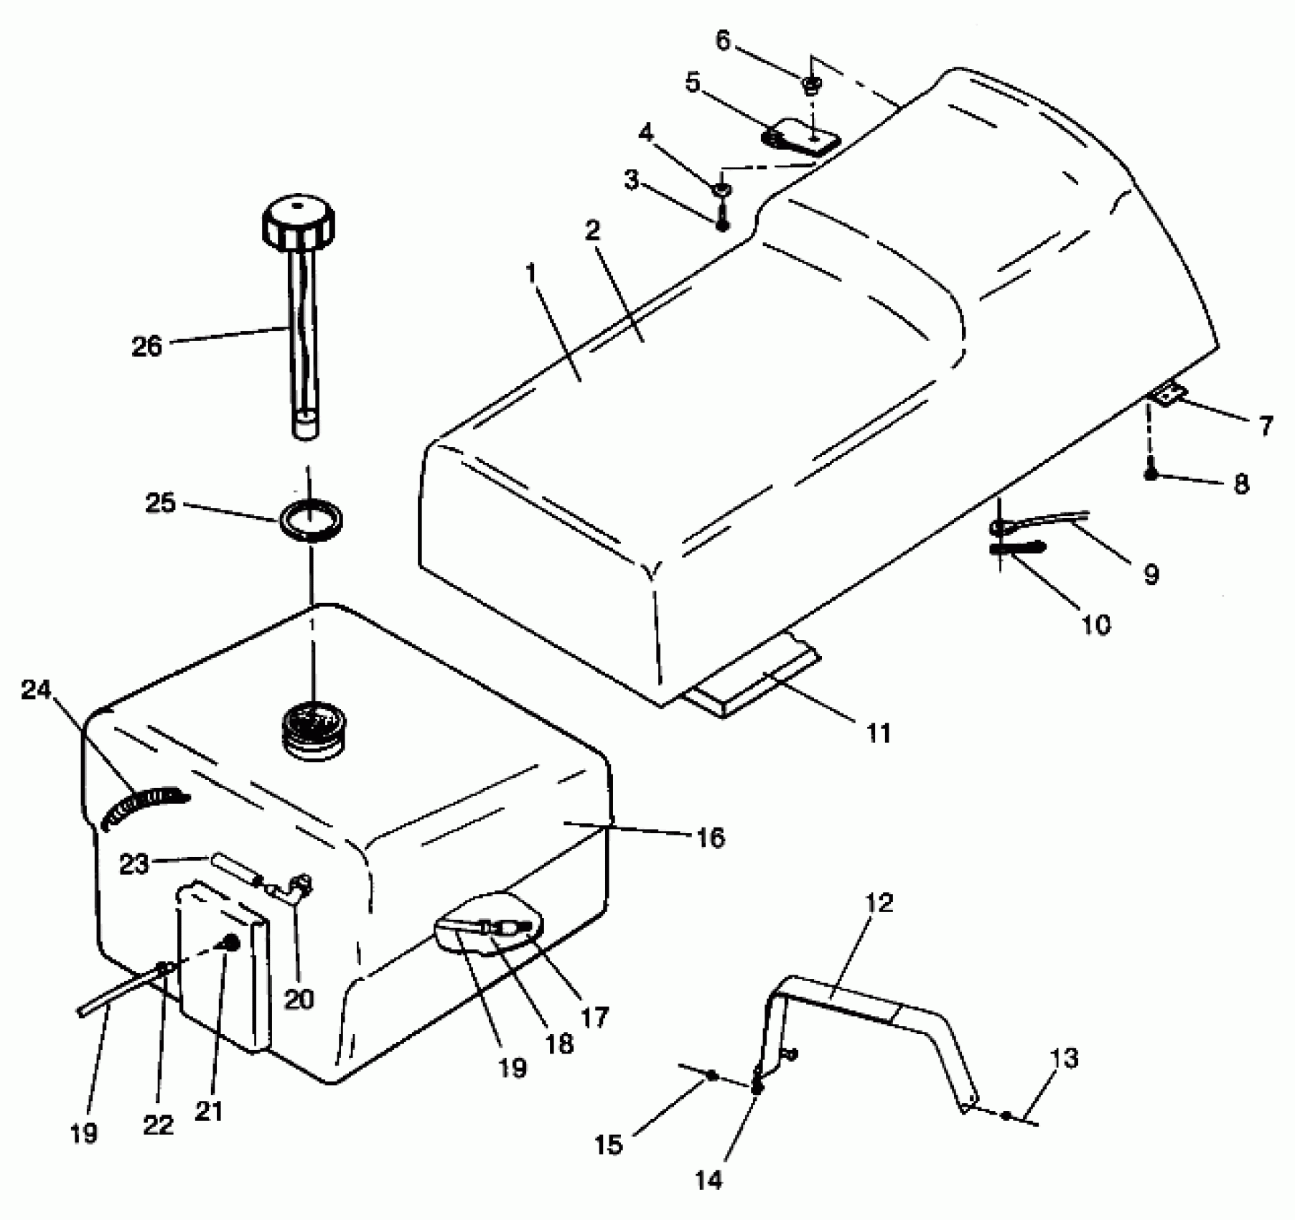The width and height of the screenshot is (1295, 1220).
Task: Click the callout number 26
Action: pos(146,347)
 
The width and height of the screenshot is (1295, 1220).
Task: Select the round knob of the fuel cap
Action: pos(298,220)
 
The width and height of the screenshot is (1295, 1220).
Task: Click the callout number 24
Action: pos(37,690)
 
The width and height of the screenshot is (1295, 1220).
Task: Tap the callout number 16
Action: pos(710,837)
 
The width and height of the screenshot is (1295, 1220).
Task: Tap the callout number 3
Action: pos(631,179)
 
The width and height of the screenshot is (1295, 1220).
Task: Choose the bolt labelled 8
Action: pos(1151,474)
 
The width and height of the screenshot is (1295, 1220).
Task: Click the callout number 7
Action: pos(1265,425)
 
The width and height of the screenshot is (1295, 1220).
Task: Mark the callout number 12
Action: pos(879,903)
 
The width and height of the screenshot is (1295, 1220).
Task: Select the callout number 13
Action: pos(1064,1059)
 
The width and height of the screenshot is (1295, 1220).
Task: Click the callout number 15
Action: pos(609,1144)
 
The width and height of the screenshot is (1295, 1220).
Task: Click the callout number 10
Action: pos(1095,624)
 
